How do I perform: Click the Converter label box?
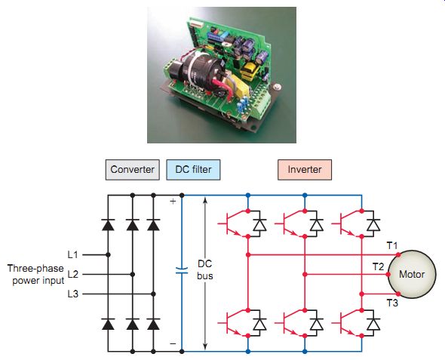pos(132,170)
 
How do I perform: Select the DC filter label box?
pos(193,170)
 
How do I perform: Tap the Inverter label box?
pos(305,170)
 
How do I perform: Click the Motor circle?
pos(412,274)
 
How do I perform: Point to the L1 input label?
pos(72,254)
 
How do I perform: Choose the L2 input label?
pos(72,274)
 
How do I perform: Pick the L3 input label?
pos(72,294)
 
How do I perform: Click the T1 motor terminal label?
pos(392,245)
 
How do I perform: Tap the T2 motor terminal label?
pos(378,266)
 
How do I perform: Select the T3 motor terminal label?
pos(392,303)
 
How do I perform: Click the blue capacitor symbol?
pos(182,271)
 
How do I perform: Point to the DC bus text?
pos(205,269)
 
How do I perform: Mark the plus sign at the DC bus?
pos(173,202)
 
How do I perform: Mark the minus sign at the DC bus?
pos(173,344)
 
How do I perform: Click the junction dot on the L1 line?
pos(108,255)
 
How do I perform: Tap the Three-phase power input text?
pos(35,274)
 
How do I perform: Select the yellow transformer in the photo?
pos(249,71)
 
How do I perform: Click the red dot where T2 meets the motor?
pos(388,275)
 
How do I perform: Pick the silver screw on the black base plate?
pos(276,87)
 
